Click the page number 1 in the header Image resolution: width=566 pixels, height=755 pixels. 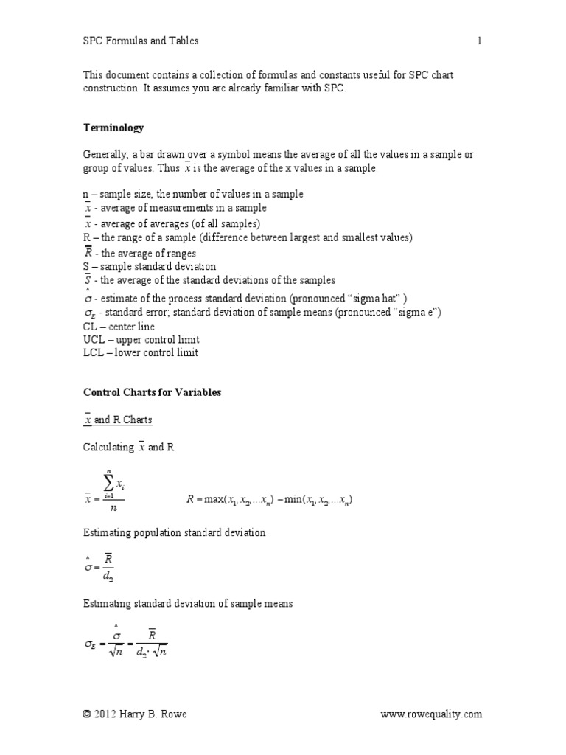click(x=479, y=41)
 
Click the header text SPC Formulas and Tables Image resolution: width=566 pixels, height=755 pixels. click(x=140, y=41)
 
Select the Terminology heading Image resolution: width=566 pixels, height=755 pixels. click(x=113, y=128)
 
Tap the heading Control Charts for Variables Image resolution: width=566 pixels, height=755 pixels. click(x=152, y=392)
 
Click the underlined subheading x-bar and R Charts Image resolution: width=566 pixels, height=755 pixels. click(x=117, y=420)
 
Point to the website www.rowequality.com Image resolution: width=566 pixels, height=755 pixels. click(x=431, y=714)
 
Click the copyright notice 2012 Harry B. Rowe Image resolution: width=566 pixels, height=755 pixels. click(x=139, y=714)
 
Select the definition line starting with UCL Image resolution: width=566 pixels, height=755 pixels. click(x=141, y=339)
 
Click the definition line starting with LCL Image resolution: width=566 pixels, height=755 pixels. click(x=140, y=352)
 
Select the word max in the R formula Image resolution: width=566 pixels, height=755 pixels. click(x=217, y=500)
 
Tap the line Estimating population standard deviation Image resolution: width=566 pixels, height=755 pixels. click(x=174, y=532)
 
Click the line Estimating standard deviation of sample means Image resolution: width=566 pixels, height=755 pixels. click(x=188, y=603)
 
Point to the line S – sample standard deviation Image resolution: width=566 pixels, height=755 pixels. click(x=149, y=266)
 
